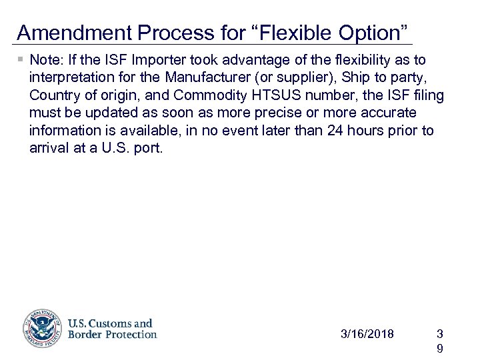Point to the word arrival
click(x=49, y=147)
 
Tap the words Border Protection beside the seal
click(x=112, y=334)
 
